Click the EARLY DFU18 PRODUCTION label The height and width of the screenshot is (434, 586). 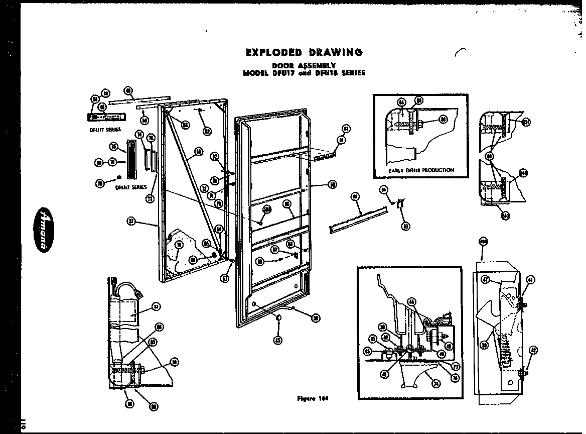point(421,170)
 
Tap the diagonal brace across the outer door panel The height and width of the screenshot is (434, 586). point(194,183)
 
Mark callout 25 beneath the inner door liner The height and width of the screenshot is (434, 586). point(277,340)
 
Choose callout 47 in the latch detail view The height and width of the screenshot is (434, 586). point(485,279)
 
